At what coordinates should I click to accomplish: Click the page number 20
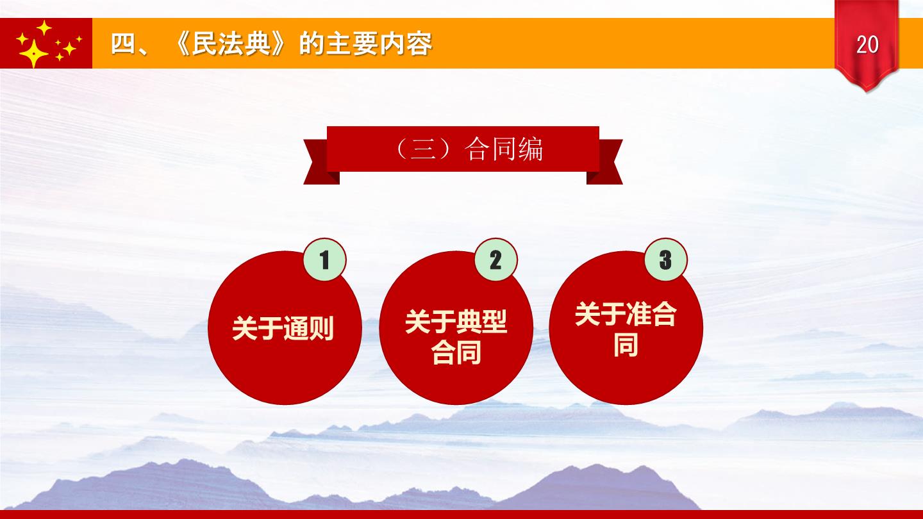coord(867,44)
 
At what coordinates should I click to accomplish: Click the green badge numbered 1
coord(325,259)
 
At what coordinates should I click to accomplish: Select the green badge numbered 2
coord(495,259)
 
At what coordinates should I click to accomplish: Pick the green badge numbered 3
coord(666,259)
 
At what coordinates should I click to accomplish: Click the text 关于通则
coord(283,328)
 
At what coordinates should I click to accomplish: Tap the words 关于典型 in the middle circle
coord(456,322)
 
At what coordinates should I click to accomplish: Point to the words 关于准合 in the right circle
coord(626,314)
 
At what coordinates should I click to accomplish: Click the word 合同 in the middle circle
coord(456,352)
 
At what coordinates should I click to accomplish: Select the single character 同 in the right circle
coord(626,345)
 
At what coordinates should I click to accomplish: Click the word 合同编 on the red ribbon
coord(504,149)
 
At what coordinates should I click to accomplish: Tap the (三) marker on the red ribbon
coord(422,149)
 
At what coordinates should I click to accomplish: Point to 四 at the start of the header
coord(123,44)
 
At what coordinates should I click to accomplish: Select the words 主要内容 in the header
coord(379,44)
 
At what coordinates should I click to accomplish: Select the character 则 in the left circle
coord(322,328)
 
